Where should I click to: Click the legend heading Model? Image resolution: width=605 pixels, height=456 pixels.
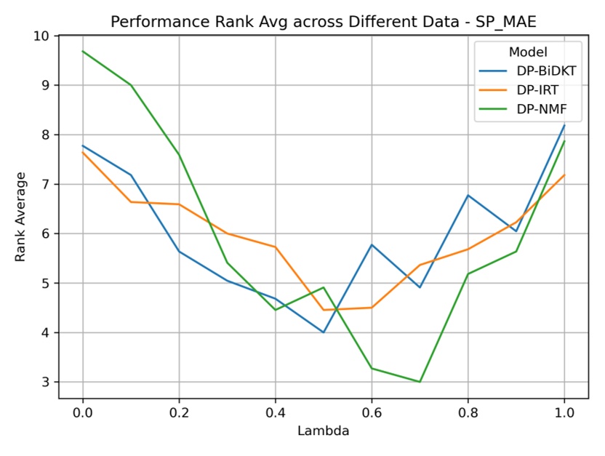pyautogui.click(x=527, y=52)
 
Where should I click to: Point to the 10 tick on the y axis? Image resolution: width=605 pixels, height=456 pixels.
pyautogui.click(x=42, y=36)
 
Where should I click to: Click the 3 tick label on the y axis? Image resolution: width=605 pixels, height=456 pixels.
pyautogui.click(x=45, y=382)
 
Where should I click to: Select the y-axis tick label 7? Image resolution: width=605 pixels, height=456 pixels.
pyautogui.click(x=45, y=184)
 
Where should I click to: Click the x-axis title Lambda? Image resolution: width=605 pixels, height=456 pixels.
pyautogui.click(x=323, y=431)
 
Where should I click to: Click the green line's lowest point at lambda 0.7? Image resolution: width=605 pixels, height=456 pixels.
pyautogui.click(x=420, y=382)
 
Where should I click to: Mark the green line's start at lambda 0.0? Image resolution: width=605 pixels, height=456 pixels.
pyautogui.click(x=82, y=51)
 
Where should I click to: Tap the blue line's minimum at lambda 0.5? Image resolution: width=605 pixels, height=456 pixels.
pyautogui.click(x=324, y=332)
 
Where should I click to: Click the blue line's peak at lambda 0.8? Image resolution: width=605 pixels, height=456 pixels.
pyautogui.click(x=468, y=195)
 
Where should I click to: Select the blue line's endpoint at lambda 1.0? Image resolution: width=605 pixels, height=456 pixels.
pyautogui.click(x=564, y=125)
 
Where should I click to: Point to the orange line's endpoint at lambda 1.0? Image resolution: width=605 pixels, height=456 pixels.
pyautogui.click(x=564, y=175)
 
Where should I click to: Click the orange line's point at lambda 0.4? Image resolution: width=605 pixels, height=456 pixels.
pyautogui.click(x=275, y=247)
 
